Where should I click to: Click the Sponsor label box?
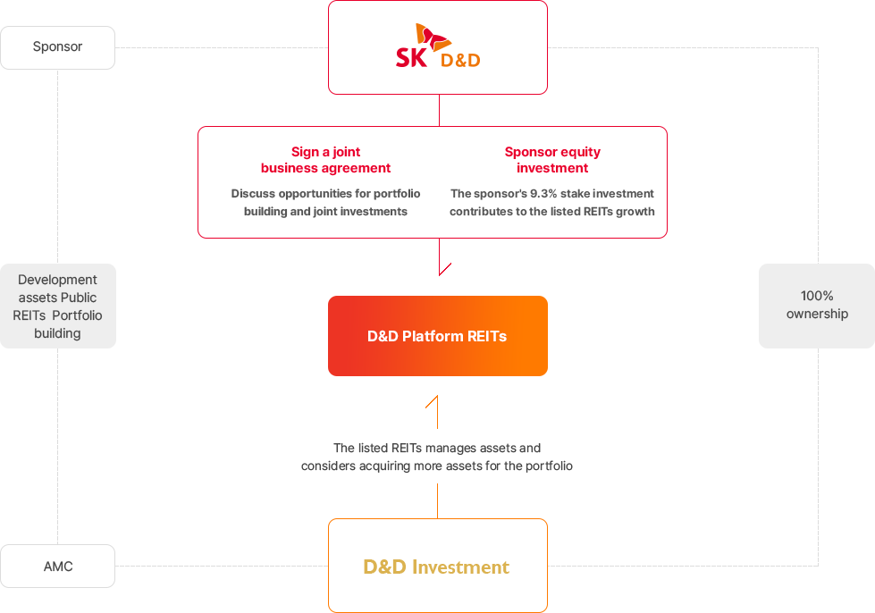coord(57,47)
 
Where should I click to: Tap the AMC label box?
coord(57,567)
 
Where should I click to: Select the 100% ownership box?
coord(817,306)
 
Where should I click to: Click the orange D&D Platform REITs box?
coord(438,336)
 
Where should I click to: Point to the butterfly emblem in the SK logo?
coord(433,36)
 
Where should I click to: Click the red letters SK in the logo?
coord(411,58)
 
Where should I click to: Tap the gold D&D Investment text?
coord(436,567)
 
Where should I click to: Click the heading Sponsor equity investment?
coord(552,160)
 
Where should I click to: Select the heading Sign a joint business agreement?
coord(326,160)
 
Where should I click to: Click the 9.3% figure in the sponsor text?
coord(543,194)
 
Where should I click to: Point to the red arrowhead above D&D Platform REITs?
coord(445,269)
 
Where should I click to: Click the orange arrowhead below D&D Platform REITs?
coord(432,401)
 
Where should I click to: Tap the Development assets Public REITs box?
coord(57,306)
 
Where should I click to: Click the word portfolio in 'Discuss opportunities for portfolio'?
coord(397,194)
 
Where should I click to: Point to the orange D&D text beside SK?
coord(460,60)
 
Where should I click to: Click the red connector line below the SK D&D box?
coord(439,111)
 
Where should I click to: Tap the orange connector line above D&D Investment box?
coord(438,501)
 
